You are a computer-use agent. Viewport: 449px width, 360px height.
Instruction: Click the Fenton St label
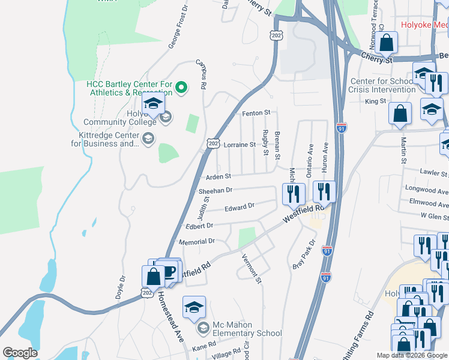point(256,113)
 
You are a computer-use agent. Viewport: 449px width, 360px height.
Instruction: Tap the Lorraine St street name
point(240,145)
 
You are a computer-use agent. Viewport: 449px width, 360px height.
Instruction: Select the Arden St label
point(218,177)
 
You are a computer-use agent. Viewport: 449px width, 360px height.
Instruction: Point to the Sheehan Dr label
point(215,191)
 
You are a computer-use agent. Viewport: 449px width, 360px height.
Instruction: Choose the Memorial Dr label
point(197,241)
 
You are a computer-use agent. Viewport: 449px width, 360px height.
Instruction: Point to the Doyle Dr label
point(122,290)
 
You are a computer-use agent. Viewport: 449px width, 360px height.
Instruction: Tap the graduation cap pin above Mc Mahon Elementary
point(194,308)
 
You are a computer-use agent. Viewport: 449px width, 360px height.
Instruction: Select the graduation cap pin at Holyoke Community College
point(154,104)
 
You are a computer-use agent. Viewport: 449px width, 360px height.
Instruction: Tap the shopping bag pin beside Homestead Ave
point(154,277)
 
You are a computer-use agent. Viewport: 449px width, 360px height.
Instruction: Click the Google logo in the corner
point(20,353)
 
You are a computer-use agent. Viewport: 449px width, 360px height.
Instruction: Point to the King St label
point(375,102)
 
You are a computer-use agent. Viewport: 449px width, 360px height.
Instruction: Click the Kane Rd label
point(203,348)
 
